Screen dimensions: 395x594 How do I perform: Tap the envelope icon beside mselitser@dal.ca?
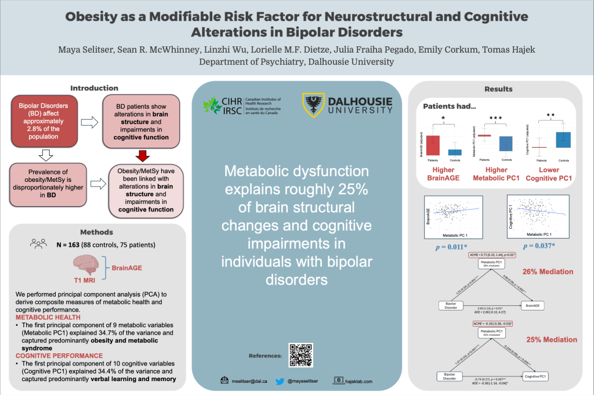click(224, 381)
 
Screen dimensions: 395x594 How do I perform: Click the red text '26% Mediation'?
click(548, 272)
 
